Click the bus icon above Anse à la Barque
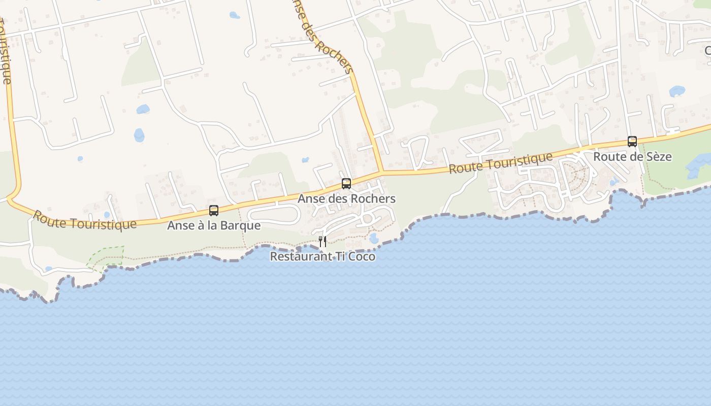pos(214,210)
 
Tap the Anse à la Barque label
pos(214,226)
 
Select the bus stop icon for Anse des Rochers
pos(346,183)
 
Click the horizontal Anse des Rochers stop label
pos(346,199)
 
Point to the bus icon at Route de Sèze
pos(632,141)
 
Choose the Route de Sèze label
pos(632,157)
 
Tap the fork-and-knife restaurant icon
pos(322,241)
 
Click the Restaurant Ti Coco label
pos(322,257)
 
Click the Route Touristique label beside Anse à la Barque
pos(84,220)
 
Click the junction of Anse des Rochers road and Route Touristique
pos(382,173)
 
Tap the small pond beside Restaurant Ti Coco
pos(374,239)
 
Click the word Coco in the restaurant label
pos(362,257)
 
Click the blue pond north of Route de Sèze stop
pos(677,91)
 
